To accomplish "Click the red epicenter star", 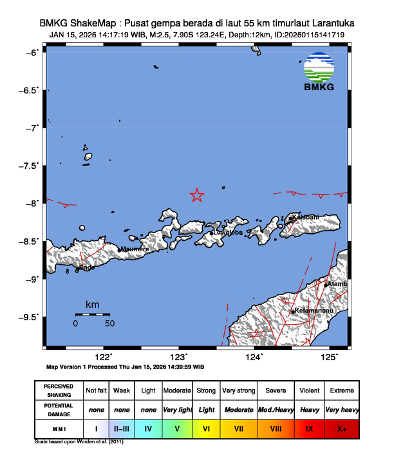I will (197, 195).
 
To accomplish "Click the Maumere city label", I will (135, 249).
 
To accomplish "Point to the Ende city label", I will (86, 267).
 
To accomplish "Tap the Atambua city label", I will (338, 284).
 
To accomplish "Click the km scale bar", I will (93, 314).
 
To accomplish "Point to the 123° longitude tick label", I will (178, 357).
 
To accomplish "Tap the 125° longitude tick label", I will (329, 357).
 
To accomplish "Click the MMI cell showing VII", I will (238, 428).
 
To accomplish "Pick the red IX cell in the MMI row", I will (309, 428).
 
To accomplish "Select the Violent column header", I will (309, 390).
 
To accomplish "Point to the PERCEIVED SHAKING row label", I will (59, 390).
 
